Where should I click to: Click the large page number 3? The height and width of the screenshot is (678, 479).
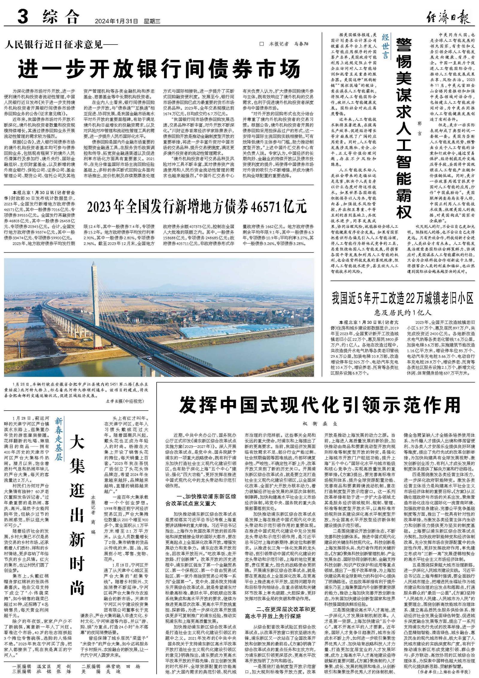[x=23, y=17]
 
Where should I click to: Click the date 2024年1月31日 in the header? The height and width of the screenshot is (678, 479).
[x=116, y=21]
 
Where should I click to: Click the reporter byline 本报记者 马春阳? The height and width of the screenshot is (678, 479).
[x=284, y=44]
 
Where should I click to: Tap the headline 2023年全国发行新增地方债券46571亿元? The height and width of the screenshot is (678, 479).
[x=197, y=206]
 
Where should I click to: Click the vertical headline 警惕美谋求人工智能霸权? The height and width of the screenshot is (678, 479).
[x=404, y=129]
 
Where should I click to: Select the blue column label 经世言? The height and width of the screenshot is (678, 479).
[x=385, y=46]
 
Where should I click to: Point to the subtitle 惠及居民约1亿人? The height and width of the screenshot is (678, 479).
[x=403, y=313]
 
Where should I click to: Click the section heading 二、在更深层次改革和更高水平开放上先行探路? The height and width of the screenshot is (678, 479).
[x=280, y=596]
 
